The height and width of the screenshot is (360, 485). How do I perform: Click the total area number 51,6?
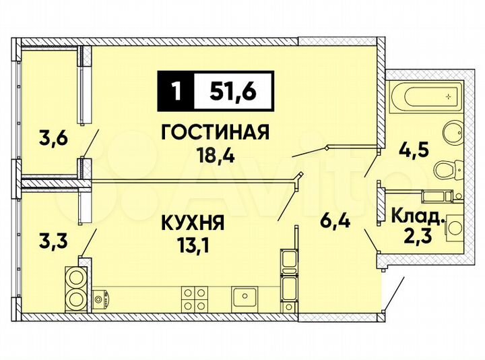pyautogui.click(x=233, y=90)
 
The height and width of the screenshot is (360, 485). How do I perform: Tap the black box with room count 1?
pyautogui.click(x=176, y=90)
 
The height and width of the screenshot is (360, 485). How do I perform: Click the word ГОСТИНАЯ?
pyautogui.click(x=216, y=131)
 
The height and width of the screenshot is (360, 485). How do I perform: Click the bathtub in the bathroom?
pyautogui.click(x=424, y=98)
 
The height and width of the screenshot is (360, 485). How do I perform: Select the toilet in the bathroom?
pyautogui.click(x=447, y=169)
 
